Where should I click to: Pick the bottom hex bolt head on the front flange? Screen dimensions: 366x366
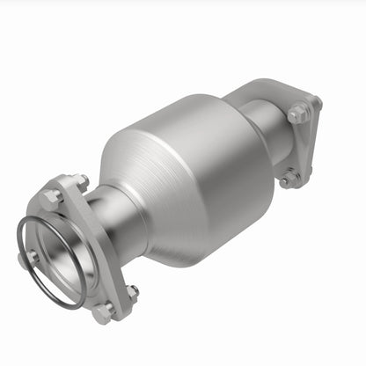[105, 309]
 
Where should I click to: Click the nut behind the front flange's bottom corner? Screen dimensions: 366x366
[132, 290]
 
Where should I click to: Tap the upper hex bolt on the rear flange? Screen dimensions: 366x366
[298, 113]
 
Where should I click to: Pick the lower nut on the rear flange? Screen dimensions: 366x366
[289, 179]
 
